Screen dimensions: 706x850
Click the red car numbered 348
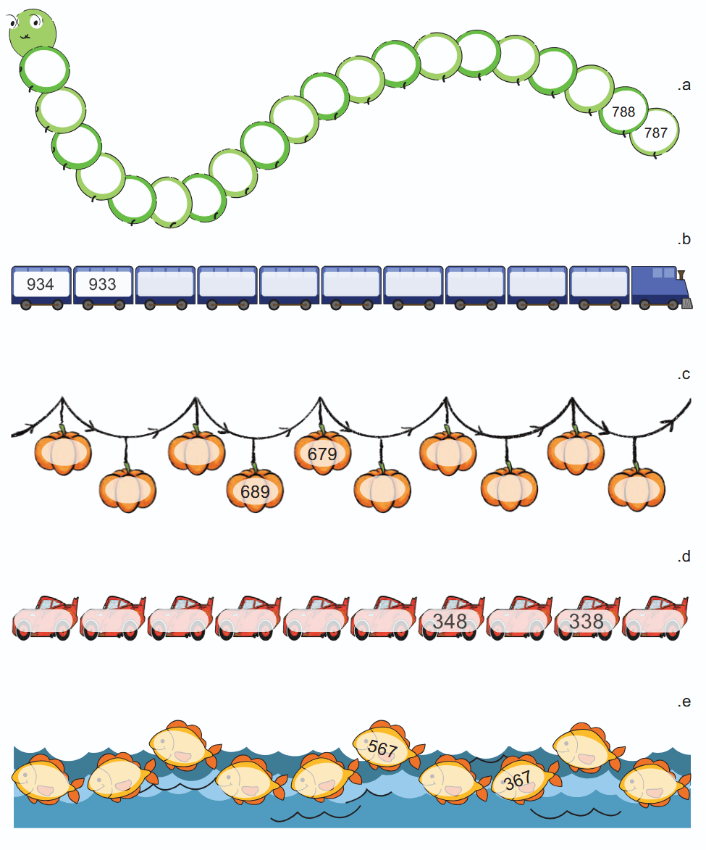451,618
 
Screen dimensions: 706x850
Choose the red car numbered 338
587,618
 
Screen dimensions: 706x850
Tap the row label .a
684,85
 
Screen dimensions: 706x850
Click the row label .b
684,239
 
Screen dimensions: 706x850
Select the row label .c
684,375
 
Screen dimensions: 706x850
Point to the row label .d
684,557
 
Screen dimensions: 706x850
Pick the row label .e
684,702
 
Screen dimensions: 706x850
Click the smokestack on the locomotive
681,275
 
